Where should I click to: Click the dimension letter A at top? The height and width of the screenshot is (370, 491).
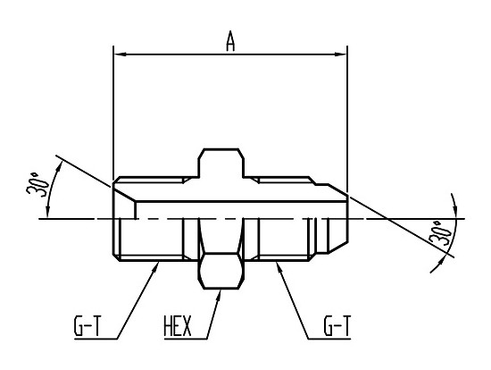coord(230,41)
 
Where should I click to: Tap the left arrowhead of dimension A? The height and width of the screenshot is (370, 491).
coord(120,55)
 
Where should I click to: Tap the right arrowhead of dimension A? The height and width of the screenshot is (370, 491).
coord(341,55)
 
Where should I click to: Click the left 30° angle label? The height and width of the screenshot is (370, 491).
coord(37,185)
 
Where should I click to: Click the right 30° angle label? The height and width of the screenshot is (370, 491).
coord(440,232)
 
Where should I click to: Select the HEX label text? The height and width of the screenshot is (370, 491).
coord(178,326)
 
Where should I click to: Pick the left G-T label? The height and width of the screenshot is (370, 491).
coord(87,326)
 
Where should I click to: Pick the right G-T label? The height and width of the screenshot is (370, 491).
coord(337,326)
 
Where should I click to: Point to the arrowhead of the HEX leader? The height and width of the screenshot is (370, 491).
coord(219,295)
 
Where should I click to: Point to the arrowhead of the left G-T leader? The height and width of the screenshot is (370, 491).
coord(154,267)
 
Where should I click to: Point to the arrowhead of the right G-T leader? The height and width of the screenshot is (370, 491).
coord(279,267)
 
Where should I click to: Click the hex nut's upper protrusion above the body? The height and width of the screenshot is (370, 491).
coord(221,163)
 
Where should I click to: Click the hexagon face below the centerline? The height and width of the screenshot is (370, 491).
coord(221,270)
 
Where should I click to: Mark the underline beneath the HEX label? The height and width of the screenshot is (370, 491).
coord(186,339)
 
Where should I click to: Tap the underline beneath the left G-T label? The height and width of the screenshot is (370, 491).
coord(96,339)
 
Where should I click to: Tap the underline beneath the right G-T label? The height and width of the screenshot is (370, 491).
coord(329,339)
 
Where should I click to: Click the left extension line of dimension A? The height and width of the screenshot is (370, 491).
coord(113,113)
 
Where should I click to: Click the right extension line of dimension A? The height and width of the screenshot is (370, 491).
coord(347,119)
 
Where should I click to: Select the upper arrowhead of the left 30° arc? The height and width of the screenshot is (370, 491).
coord(57,168)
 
